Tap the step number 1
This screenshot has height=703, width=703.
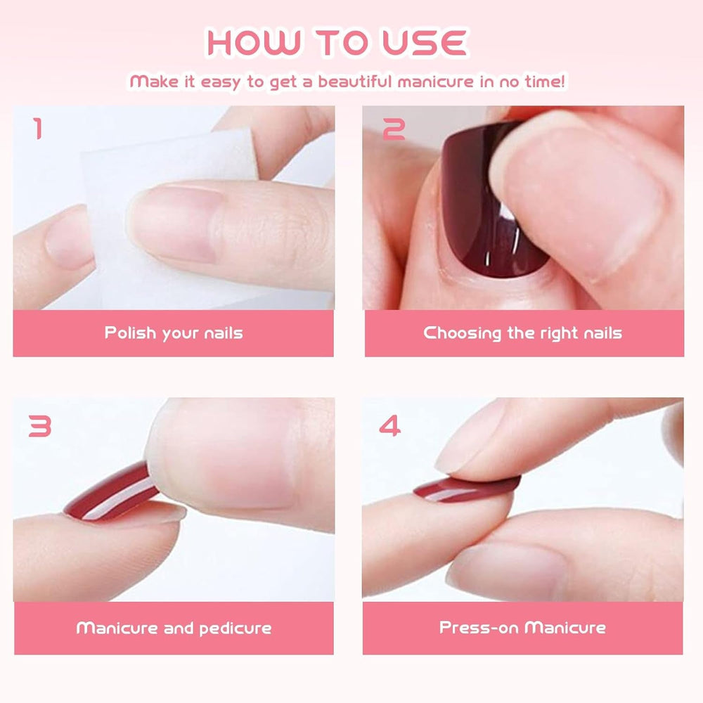[x=37, y=129]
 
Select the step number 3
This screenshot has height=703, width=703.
[x=39, y=425]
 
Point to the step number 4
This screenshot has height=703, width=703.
[x=389, y=425]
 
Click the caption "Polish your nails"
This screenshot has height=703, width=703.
[x=174, y=333]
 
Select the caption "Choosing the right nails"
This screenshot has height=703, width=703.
[x=523, y=333]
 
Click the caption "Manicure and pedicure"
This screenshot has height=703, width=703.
[x=174, y=628]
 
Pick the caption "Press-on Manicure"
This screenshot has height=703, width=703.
[x=523, y=627]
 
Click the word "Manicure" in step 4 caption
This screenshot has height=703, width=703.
[x=565, y=627]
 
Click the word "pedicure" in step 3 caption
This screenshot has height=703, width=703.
[x=236, y=628]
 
